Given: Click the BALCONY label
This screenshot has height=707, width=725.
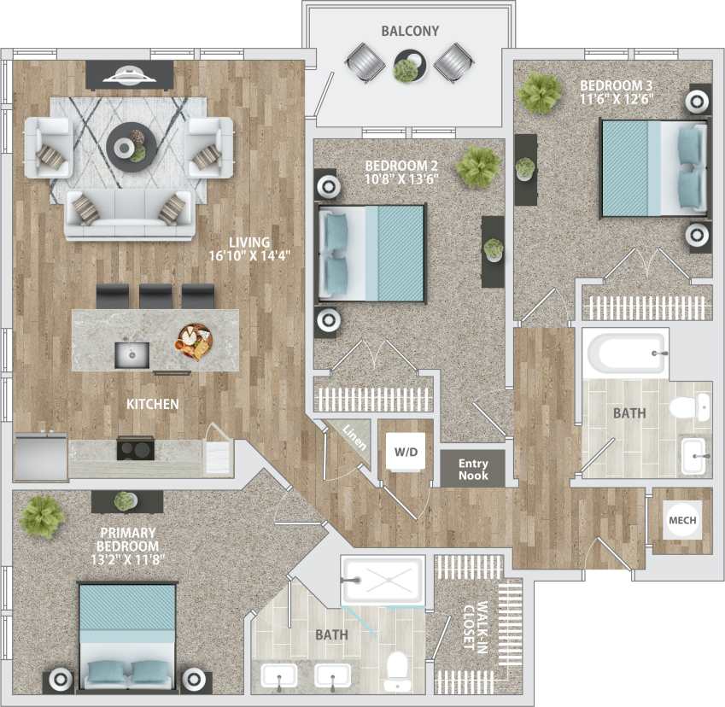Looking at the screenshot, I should pyautogui.click(x=410, y=32).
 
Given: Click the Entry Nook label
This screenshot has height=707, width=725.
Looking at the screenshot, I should pyautogui.click(x=473, y=469).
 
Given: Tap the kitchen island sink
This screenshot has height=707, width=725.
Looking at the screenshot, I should pyautogui.click(x=132, y=353).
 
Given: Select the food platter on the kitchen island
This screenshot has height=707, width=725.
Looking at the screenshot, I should pyautogui.click(x=195, y=342).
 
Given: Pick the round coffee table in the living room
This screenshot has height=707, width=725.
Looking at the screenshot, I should pyautogui.click(x=132, y=142).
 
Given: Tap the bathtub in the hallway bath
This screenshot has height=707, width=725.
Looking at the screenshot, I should pyautogui.click(x=625, y=353).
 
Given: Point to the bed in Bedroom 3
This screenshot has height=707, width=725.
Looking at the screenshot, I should pyautogui.click(x=653, y=167).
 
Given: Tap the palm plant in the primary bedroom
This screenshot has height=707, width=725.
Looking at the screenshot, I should pyautogui.click(x=41, y=516).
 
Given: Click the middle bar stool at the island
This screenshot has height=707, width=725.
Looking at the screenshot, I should pyautogui.click(x=155, y=295).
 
